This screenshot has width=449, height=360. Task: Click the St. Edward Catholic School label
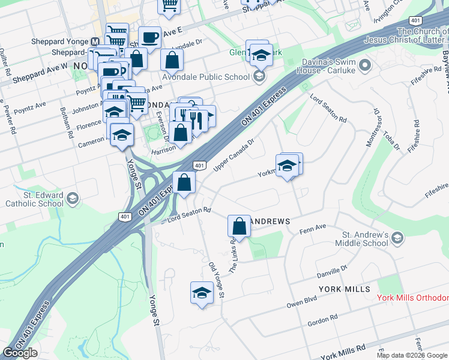(34, 199)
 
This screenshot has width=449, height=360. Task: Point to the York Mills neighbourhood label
(345, 289)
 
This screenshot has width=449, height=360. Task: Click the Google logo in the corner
(20, 353)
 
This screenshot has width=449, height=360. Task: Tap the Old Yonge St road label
(215, 280)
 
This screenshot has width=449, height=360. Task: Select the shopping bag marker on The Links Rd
(239, 227)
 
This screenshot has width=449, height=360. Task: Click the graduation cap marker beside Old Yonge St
(202, 293)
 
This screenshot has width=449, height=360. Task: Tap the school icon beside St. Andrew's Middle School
(397, 239)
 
